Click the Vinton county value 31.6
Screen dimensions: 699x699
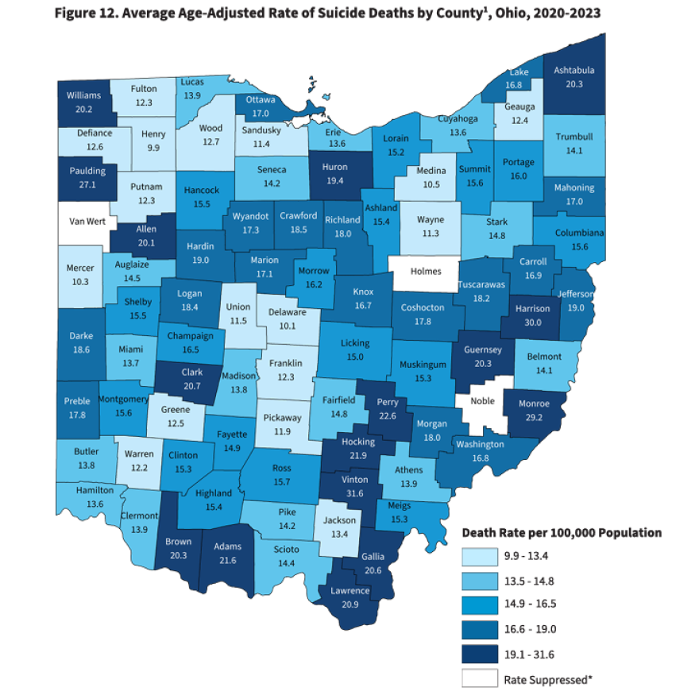coord(354,492)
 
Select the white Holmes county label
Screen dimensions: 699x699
coord(426,271)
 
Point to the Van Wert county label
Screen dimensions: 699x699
coord(89,221)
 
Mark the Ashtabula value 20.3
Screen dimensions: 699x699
coord(573,83)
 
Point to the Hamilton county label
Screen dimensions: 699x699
coord(95,491)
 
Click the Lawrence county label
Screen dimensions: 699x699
coord(350,591)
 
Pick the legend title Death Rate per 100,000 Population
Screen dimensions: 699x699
coord(562,532)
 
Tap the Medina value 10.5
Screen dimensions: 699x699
coord(431,183)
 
